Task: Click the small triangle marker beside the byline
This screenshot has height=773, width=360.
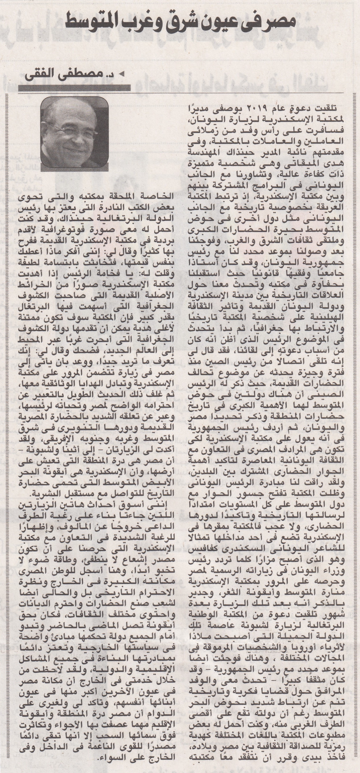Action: pyautogui.click(x=122, y=73)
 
